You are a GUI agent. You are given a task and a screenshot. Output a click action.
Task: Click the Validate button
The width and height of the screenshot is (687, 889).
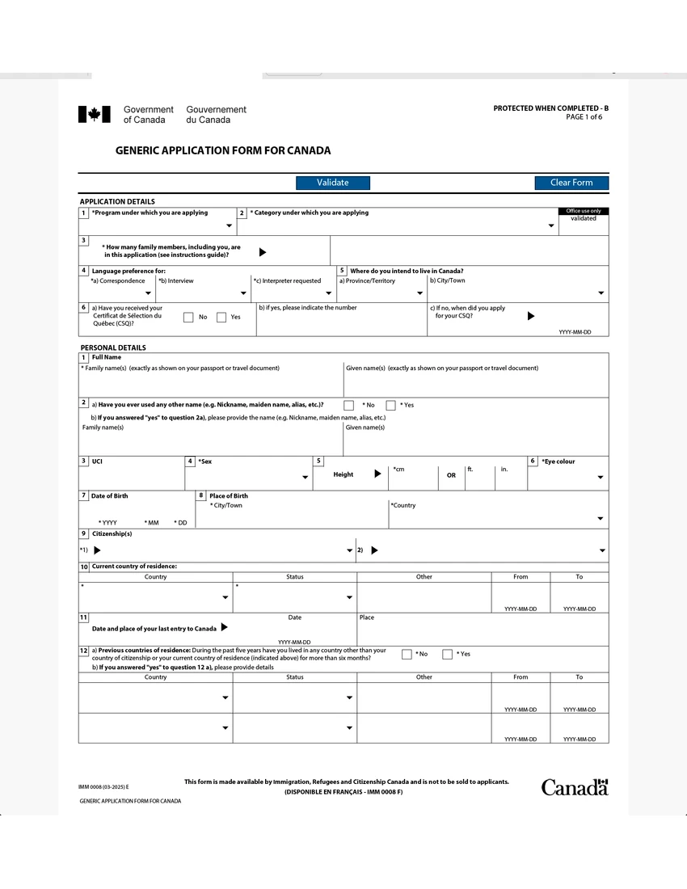tap(332, 183)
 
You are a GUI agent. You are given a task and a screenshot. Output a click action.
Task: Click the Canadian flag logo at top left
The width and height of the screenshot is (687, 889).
tap(94, 115)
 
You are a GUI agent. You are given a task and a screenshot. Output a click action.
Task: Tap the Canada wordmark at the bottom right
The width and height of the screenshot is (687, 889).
tap(574, 787)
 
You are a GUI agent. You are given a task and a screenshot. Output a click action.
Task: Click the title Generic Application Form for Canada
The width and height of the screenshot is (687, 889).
tap(223, 150)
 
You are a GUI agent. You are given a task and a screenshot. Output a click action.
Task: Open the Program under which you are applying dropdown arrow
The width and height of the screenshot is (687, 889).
tap(230, 226)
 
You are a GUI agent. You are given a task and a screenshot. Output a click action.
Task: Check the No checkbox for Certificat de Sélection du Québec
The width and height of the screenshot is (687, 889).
tap(188, 318)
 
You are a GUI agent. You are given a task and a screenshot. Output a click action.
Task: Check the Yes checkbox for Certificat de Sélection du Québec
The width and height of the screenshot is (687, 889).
tap(221, 318)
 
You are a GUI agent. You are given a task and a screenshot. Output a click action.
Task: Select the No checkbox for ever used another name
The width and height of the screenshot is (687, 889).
tap(349, 405)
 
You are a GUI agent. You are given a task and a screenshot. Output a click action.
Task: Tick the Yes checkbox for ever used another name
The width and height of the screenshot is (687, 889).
tap(390, 405)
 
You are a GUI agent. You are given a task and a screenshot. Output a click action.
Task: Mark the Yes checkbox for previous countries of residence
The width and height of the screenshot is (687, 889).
tap(447, 654)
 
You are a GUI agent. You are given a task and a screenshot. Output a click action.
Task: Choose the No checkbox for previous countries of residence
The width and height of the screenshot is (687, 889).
tap(407, 654)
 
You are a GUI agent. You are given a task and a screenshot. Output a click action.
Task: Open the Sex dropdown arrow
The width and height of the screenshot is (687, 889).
tap(305, 478)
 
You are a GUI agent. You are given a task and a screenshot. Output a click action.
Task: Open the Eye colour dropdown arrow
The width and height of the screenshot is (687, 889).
tap(601, 478)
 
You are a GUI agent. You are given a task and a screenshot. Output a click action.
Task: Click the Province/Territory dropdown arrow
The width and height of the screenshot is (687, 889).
tap(419, 293)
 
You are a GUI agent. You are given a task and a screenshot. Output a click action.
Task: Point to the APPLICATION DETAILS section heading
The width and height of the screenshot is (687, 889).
tap(117, 201)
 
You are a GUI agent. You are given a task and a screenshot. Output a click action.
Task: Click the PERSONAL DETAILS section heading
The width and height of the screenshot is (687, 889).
tap(113, 348)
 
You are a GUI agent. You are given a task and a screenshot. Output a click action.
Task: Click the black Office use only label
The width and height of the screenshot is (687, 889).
tap(583, 211)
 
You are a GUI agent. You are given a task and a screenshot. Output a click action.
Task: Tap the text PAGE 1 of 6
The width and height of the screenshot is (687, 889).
tap(584, 117)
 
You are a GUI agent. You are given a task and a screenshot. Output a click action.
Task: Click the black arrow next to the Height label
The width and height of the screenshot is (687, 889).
tap(377, 474)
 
